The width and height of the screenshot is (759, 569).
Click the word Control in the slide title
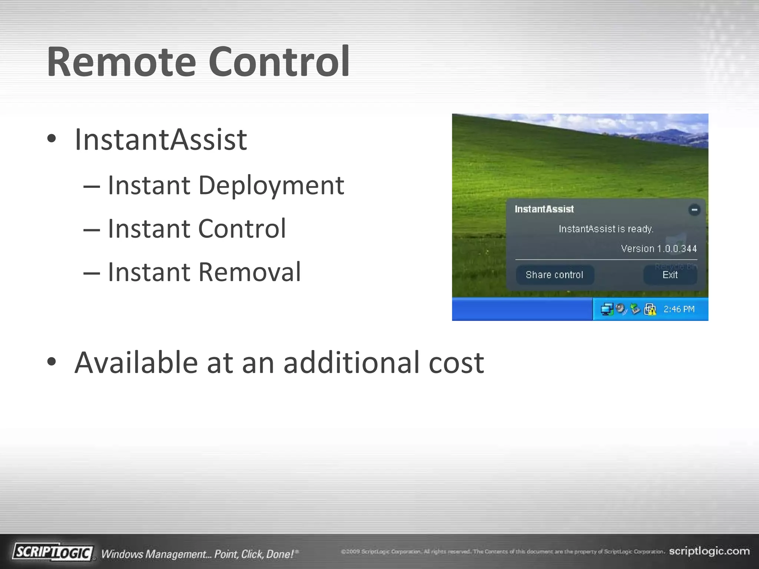[x=279, y=62]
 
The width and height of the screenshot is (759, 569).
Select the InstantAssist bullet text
[x=160, y=140]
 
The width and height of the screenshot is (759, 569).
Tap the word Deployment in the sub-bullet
[x=271, y=185]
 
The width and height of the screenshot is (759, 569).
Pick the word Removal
[x=249, y=272]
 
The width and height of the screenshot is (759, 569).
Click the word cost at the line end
[x=456, y=363]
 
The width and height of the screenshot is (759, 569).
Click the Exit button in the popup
[x=670, y=275]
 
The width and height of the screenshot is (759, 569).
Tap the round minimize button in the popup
[x=694, y=210]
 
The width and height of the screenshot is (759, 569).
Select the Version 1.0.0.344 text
[x=659, y=249]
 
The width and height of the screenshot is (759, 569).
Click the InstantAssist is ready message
[x=606, y=229]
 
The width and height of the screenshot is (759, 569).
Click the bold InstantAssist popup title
[x=544, y=209]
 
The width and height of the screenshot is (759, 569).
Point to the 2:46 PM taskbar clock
[x=679, y=309]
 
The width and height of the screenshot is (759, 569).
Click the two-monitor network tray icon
[x=607, y=309]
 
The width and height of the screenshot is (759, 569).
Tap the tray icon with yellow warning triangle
[x=650, y=309]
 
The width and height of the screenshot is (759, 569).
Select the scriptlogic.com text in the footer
[x=709, y=551]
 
